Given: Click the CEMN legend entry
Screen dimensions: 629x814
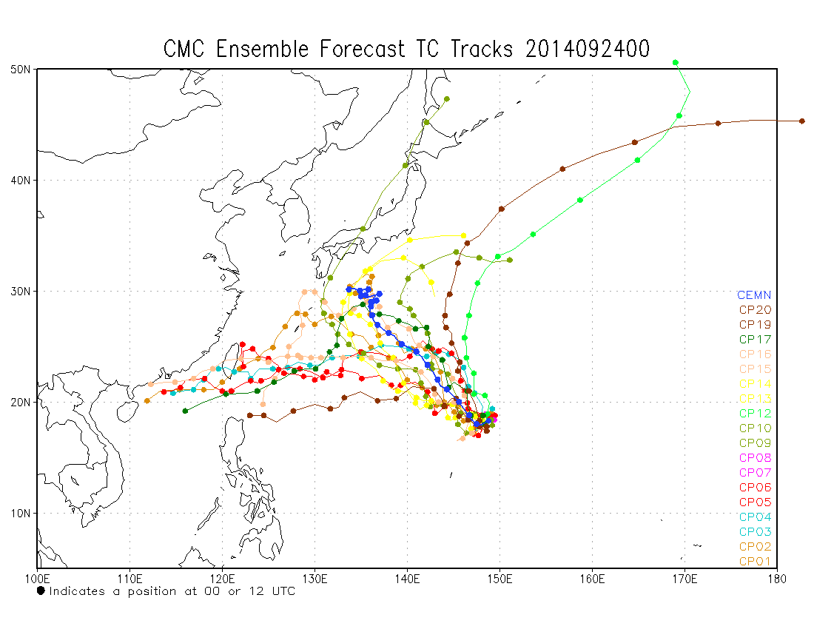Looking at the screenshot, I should click(754, 295).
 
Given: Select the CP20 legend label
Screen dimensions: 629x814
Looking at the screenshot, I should click(754, 310).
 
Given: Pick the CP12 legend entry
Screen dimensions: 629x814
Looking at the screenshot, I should click(754, 413).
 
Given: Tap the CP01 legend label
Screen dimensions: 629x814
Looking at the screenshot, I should click(754, 561).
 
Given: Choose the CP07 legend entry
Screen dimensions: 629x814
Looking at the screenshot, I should click(754, 472).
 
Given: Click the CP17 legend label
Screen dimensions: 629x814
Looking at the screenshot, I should click(754, 340).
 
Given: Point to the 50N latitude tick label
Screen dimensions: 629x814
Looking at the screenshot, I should click(20, 70).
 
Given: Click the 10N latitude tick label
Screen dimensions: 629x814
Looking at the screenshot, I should click(20, 513).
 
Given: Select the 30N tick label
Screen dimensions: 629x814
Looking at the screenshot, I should click(20, 291).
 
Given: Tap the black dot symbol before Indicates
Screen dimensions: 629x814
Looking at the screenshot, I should click(41, 591).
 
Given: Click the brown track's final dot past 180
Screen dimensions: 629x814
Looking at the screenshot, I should click(801, 121).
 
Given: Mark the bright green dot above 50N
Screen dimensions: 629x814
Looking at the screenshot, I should click(675, 63).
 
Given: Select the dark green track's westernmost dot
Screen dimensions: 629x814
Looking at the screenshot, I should click(185, 411).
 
